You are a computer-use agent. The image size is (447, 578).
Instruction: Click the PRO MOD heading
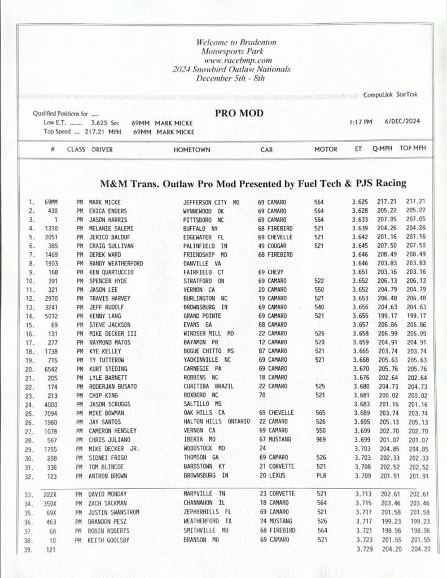tap(239, 113)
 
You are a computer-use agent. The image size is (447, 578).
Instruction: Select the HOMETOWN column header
tap(192, 150)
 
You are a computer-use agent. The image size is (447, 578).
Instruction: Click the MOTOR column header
tap(326, 150)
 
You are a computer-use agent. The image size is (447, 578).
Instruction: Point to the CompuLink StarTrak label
tap(391, 95)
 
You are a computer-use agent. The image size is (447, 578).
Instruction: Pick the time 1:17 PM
tap(361, 121)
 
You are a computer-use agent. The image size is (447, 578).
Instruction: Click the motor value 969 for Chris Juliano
tap(319, 440)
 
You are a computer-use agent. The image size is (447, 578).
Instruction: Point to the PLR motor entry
tap(319, 476)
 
